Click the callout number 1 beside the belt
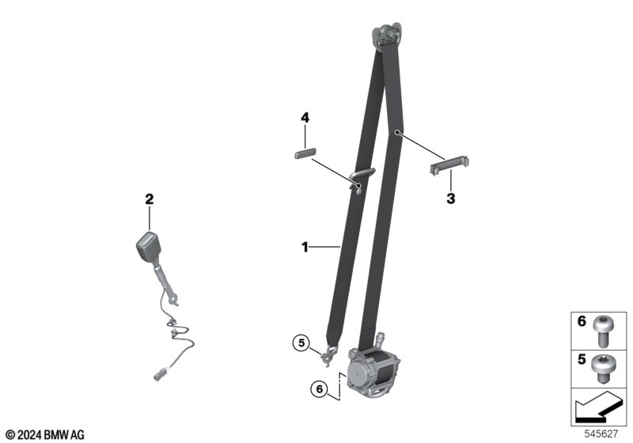[305, 247]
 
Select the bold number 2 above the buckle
[150, 199]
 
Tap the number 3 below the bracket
[450, 199]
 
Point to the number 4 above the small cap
[305, 118]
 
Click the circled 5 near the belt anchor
[301, 344]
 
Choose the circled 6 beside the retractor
[320, 389]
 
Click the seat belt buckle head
[147, 246]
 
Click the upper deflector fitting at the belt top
[388, 35]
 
